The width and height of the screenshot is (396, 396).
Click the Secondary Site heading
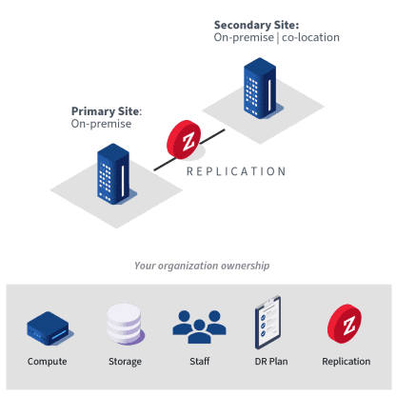tap(256, 25)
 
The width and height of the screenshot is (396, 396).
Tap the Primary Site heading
tap(107, 111)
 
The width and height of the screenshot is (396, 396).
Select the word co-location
tap(310, 37)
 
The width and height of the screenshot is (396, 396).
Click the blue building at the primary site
tap(113, 173)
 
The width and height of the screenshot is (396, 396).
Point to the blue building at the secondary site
tap(260, 88)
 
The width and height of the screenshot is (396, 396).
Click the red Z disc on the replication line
tap(184, 139)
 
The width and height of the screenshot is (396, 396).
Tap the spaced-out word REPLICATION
tap(236, 171)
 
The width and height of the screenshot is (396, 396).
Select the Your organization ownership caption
tap(202, 266)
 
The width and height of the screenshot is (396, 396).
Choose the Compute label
tap(47, 362)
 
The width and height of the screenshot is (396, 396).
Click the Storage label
tap(125, 362)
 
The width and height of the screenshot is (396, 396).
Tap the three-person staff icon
tap(199, 327)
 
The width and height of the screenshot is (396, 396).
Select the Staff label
tap(200, 361)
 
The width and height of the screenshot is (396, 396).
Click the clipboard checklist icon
tap(268, 323)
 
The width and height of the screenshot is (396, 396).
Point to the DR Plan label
tap(271, 362)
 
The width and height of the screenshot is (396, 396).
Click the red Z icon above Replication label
tap(345, 324)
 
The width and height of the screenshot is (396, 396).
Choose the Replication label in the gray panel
tap(346, 362)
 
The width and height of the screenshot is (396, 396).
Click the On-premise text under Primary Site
tap(101, 124)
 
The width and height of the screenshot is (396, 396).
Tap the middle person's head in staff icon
tap(199, 325)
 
